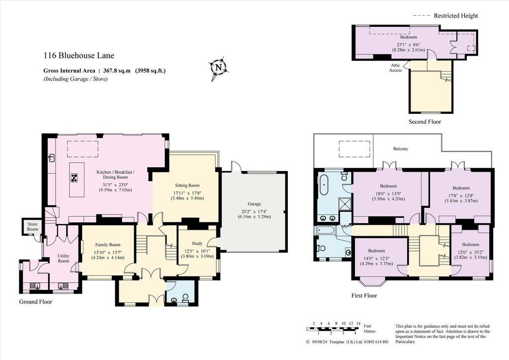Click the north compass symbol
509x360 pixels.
click(218, 68)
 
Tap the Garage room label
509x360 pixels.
click(254, 204)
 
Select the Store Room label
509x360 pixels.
click(32, 227)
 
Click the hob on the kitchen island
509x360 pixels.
click(75, 178)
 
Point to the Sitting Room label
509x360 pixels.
click(187, 185)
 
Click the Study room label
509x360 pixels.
click(197, 243)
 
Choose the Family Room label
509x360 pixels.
click(108, 245)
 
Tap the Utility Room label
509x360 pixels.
click(64, 259)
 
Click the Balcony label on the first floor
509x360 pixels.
click(401, 149)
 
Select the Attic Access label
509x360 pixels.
click(395, 68)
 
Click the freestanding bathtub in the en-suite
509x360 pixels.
click(324, 184)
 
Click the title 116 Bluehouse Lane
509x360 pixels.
click(79, 56)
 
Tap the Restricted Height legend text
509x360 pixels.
click(456, 15)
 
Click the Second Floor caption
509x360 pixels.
click(424, 122)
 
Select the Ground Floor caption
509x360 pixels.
click(36, 301)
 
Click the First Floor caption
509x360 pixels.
click(364, 295)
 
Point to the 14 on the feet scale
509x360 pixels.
click(358, 323)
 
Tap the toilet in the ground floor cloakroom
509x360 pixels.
click(185, 298)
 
